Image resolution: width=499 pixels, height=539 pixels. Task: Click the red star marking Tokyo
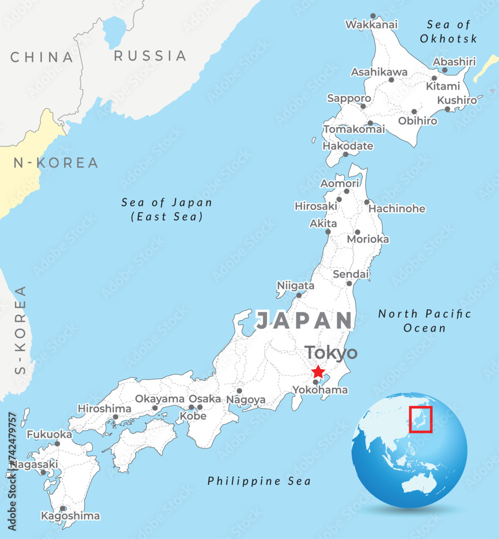(x=318, y=372)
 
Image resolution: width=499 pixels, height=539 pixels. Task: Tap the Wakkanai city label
(x=371, y=24)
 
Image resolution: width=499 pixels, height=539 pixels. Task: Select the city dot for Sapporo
(x=363, y=106)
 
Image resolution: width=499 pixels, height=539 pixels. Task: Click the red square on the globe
(x=421, y=419)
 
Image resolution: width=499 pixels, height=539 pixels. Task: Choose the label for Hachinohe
(x=398, y=209)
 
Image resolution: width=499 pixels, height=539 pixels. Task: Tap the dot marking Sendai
(x=349, y=284)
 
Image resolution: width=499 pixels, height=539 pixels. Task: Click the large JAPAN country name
(x=304, y=321)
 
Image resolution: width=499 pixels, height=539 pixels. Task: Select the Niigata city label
(x=296, y=285)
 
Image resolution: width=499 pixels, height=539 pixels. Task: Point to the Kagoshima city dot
(x=63, y=508)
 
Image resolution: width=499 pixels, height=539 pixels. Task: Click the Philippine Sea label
(x=259, y=481)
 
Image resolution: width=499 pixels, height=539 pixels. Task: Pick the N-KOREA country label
(x=56, y=163)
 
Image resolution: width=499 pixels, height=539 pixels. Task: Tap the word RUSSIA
(x=150, y=56)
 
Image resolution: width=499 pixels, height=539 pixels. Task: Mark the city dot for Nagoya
(x=240, y=391)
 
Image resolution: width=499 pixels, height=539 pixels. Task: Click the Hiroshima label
(x=105, y=409)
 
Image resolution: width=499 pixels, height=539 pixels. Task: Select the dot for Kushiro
(x=447, y=109)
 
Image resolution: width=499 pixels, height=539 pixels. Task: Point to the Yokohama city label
(x=320, y=390)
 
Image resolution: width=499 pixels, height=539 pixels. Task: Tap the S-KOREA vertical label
(x=20, y=330)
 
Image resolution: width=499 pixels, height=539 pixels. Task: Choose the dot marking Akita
(x=327, y=232)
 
